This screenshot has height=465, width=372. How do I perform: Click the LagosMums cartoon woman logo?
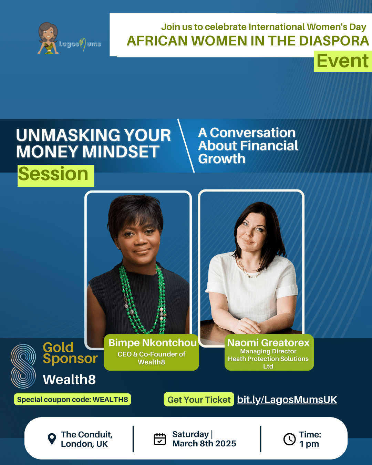click(x=48, y=38)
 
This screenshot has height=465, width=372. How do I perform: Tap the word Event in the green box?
click(x=343, y=61)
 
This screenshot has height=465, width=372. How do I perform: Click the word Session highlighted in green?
click(x=53, y=174)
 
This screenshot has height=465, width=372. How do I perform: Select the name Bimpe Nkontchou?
click(x=152, y=343)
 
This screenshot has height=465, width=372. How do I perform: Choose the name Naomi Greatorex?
click(x=268, y=343)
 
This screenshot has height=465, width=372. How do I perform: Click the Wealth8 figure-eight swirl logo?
click(x=23, y=366)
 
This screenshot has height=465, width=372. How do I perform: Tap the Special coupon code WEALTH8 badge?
click(x=72, y=399)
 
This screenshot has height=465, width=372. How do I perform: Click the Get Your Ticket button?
click(x=199, y=400)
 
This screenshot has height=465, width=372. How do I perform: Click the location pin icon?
click(x=52, y=439)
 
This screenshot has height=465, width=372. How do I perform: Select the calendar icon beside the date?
click(x=160, y=439)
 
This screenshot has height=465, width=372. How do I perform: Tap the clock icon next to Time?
click(x=289, y=439)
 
